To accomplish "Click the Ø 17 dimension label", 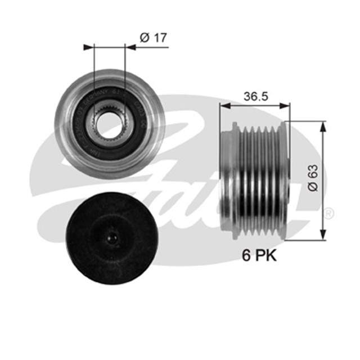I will pyautogui.click(x=153, y=38).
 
